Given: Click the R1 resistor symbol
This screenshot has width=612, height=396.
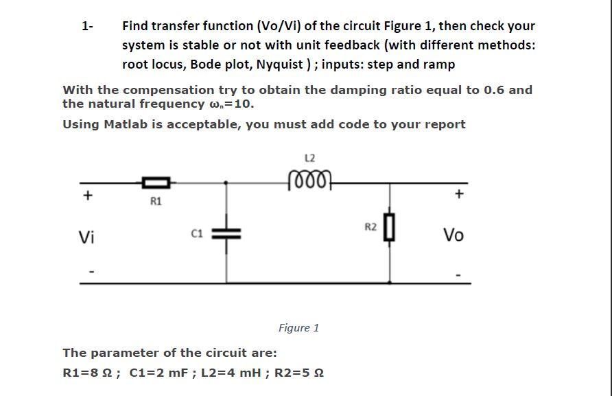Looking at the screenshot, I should coord(156,183).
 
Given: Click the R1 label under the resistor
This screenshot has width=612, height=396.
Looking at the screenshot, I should coord(156,201).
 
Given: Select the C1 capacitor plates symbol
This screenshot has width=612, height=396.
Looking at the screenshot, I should coord(227,233).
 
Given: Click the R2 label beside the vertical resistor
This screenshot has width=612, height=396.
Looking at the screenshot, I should coord(370,226).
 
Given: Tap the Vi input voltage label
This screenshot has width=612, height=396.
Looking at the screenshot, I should coord(86,237).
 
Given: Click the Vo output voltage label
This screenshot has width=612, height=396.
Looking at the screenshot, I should coord(454,235).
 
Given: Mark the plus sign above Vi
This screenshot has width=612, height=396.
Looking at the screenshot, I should coord(87,195).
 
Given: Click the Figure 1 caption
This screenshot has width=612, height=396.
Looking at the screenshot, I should coord(298,328).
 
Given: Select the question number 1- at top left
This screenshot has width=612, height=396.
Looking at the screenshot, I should coord(87,27).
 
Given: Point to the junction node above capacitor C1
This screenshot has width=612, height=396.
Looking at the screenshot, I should coord(227,183).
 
